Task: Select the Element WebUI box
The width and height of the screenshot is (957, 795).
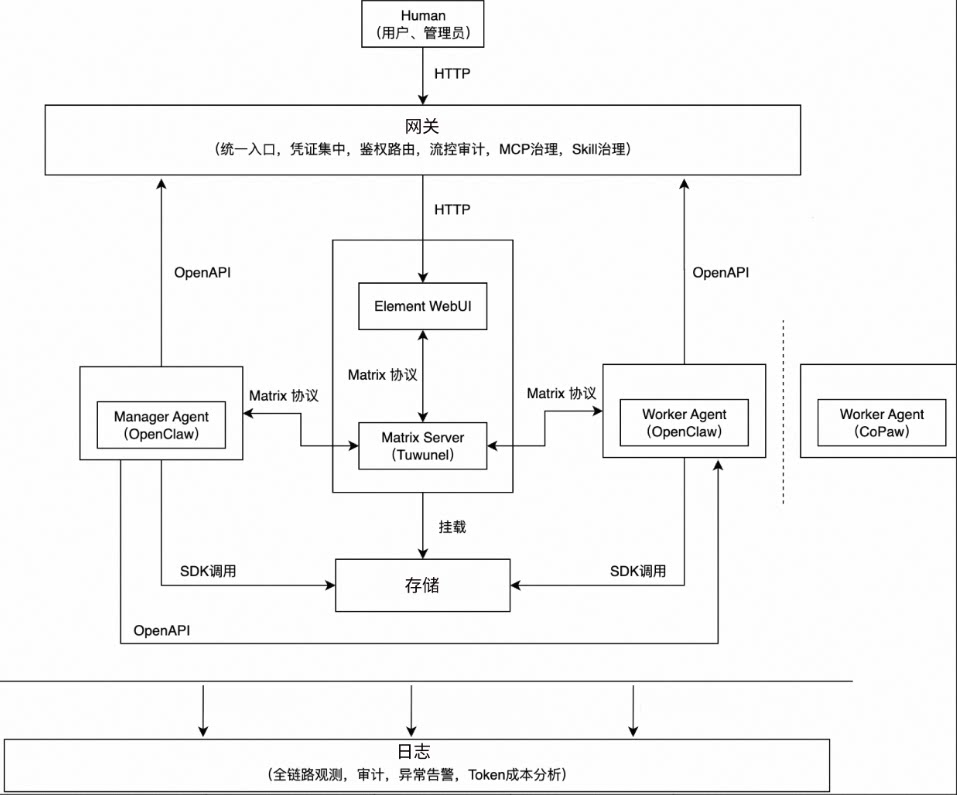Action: coord(423,306)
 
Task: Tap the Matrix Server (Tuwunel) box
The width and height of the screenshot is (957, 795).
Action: coord(423,446)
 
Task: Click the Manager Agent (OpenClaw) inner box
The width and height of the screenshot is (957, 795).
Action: coord(161,424)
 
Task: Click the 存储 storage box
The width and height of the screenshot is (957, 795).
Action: coord(422,585)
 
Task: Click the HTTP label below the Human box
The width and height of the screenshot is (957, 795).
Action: coord(452,73)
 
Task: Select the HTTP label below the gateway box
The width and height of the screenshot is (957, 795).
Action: coord(452,210)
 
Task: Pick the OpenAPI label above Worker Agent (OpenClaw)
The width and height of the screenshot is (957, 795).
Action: coord(721,272)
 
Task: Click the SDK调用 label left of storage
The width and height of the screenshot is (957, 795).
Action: coord(208,571)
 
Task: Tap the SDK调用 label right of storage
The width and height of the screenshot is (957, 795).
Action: coord(639,571)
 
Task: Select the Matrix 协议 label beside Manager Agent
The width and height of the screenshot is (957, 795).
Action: coord(283,395)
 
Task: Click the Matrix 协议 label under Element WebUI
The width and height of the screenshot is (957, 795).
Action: coord(382,375)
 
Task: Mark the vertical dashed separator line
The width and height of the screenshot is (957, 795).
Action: coord(783,410)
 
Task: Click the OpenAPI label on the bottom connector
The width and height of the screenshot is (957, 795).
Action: coord(162,631)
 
